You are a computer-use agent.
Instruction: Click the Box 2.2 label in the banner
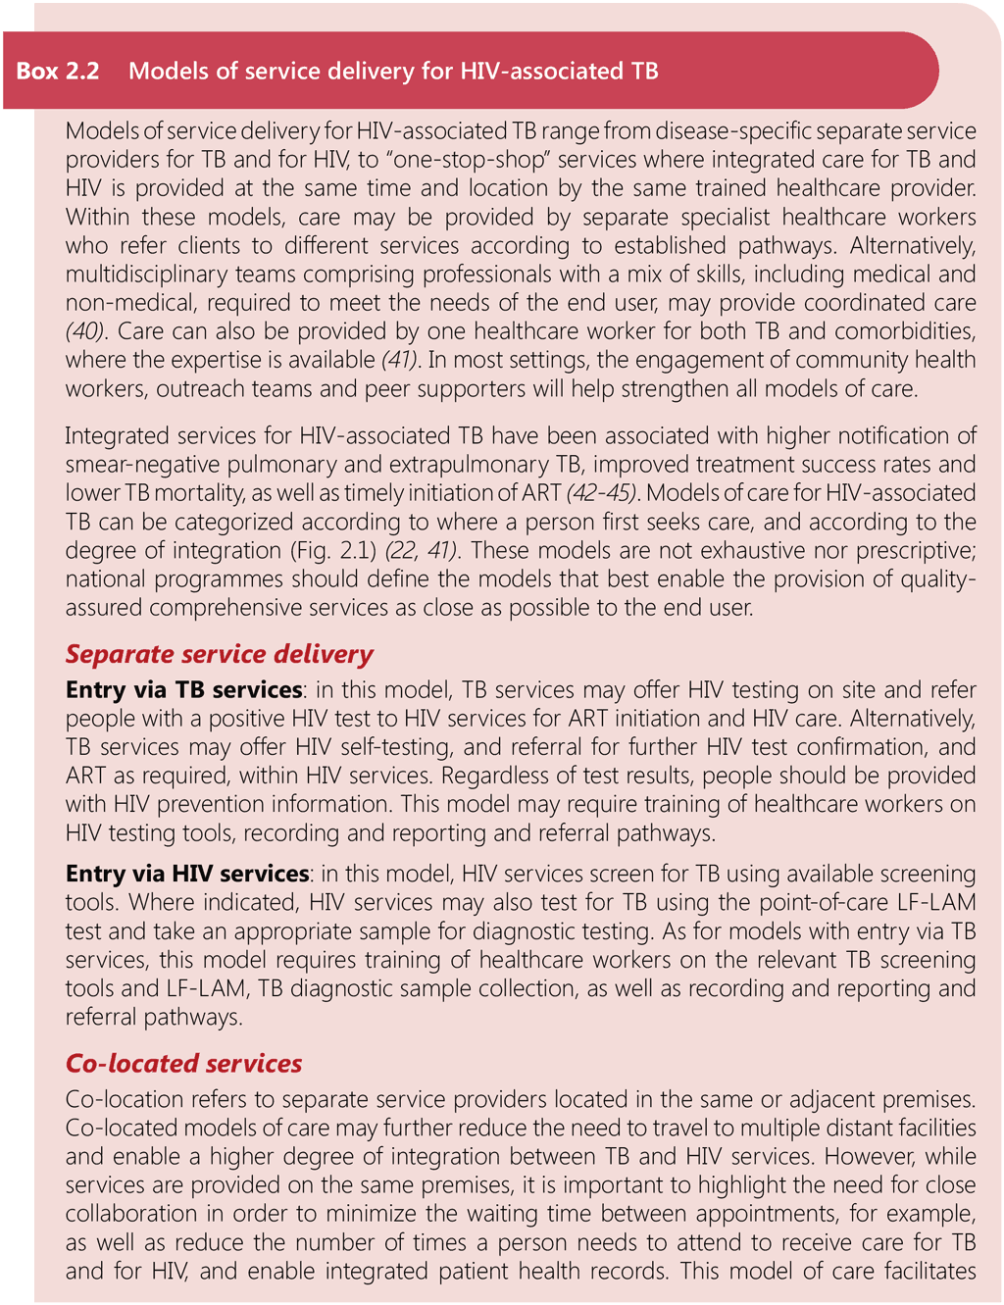tap(58, 71)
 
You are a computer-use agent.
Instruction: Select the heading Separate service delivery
tap(220, 654)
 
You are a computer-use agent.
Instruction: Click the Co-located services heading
tap(183, 1063)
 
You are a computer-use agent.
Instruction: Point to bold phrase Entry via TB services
tap(183, 690)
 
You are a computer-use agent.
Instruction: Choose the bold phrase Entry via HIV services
tap(187, 874)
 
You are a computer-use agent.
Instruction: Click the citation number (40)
tap(85, 331)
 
